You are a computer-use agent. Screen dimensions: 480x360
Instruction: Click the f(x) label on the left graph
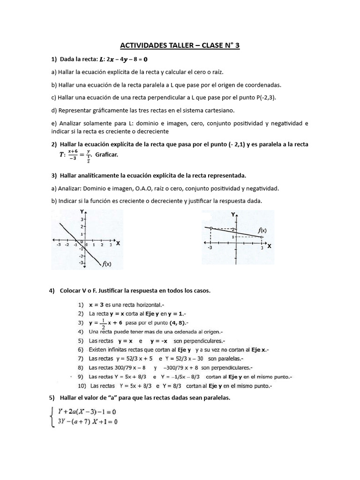pyautogui.click(x=107, y=264)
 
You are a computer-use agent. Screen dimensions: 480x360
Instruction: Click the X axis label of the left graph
pyautogui.click(x=117, y=243)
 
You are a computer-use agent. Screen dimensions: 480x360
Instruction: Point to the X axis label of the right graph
pyautogui.click(x=270, y=246)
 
